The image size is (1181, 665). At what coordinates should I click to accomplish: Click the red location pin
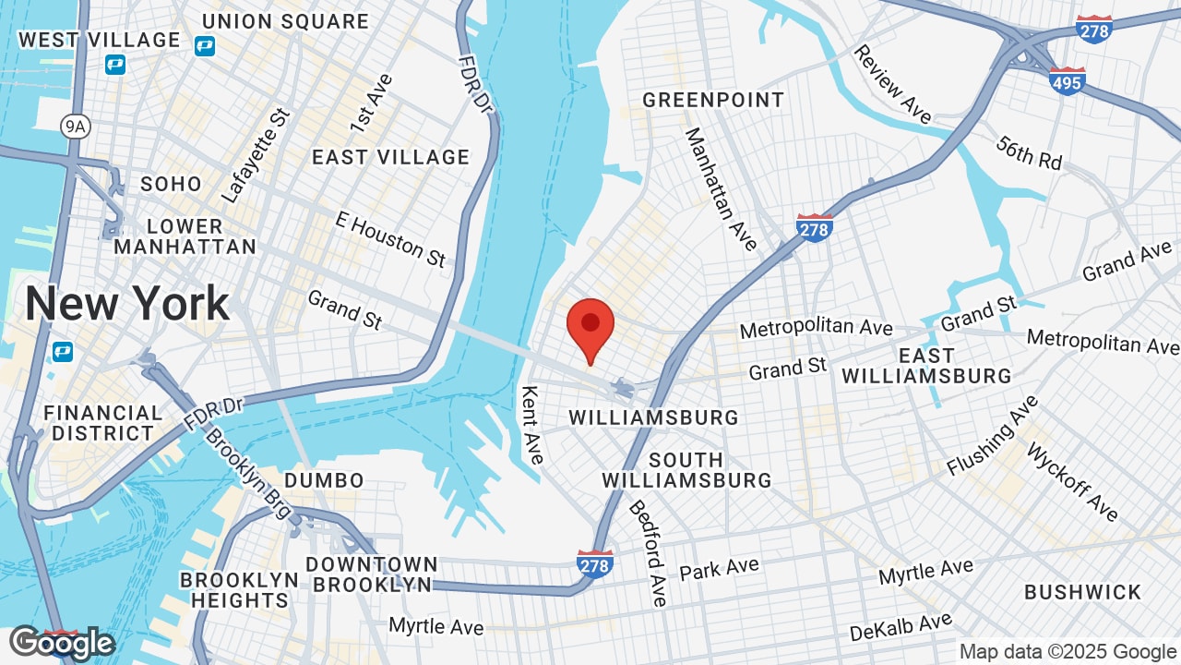click(x=590, y=326)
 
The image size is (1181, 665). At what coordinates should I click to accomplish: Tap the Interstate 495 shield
click(x=1068, y=80)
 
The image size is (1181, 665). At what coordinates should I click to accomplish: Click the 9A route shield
click(x=76, y=127)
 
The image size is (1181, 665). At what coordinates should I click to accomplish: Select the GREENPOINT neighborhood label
click(x=713, y=100)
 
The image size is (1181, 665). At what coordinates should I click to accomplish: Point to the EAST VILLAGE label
click(x=390, y=157)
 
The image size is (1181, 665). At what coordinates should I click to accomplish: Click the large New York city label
click(x=127, y=303)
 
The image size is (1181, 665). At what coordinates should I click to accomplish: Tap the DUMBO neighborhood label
click(x=324, y=480)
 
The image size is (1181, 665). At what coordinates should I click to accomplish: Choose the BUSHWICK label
click(x=1082, y=592)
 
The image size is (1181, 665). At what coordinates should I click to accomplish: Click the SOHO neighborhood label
click(x=171, y=184)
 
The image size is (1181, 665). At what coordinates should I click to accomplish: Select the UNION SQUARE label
click(x=285, y=21)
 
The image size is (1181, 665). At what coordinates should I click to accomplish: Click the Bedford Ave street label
click(x=648, y=553)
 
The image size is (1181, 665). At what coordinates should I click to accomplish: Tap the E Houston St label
click(x=391, y=238)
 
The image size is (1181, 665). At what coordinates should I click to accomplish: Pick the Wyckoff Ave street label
click(x=1072, y=482)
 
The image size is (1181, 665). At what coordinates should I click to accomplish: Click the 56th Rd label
click(x=1029, y=152)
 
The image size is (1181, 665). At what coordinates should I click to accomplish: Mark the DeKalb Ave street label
click(x=901, y=627)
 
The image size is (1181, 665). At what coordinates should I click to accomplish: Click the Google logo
click(x=62, y=643)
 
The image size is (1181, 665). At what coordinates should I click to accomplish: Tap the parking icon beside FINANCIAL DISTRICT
click(x=62, y=352)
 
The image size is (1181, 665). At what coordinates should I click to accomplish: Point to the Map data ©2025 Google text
click(x=1067, y=652)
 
